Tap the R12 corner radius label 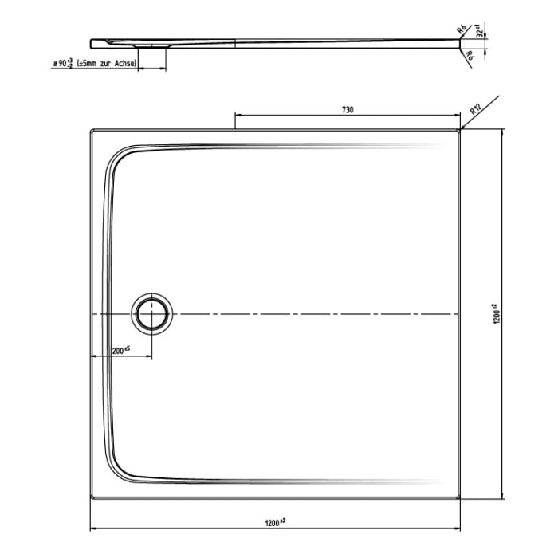476,109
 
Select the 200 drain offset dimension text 120,349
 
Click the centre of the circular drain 151,313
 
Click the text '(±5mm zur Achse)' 107,63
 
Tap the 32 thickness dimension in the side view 479,33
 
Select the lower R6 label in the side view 470,56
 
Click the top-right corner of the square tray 462,130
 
